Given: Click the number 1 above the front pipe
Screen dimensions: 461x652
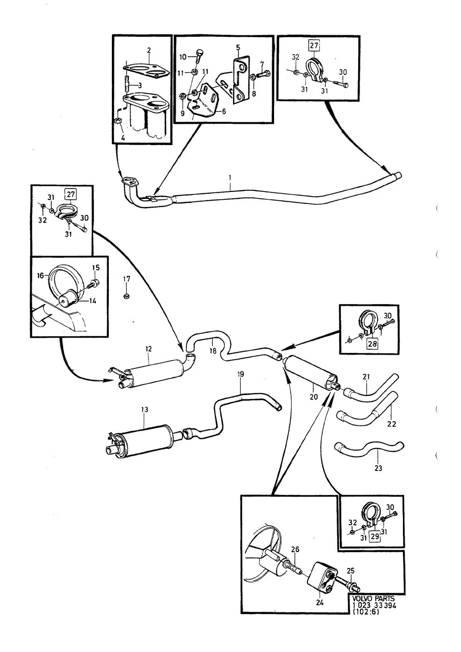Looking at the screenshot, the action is coord(230,177).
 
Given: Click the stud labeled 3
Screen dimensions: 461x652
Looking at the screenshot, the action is coord(127,84).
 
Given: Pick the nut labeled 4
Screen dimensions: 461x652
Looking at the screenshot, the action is coord(118,121).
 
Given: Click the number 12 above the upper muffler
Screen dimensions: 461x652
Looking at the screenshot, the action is coord(149,349).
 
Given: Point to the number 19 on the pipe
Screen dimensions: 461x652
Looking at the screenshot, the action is coord(240,374).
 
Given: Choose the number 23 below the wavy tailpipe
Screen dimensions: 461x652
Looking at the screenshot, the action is coord(378,468).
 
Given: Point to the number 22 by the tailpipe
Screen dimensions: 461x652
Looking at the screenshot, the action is coord(392,424).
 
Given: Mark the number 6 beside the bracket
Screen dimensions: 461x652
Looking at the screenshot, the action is coord(224,111).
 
